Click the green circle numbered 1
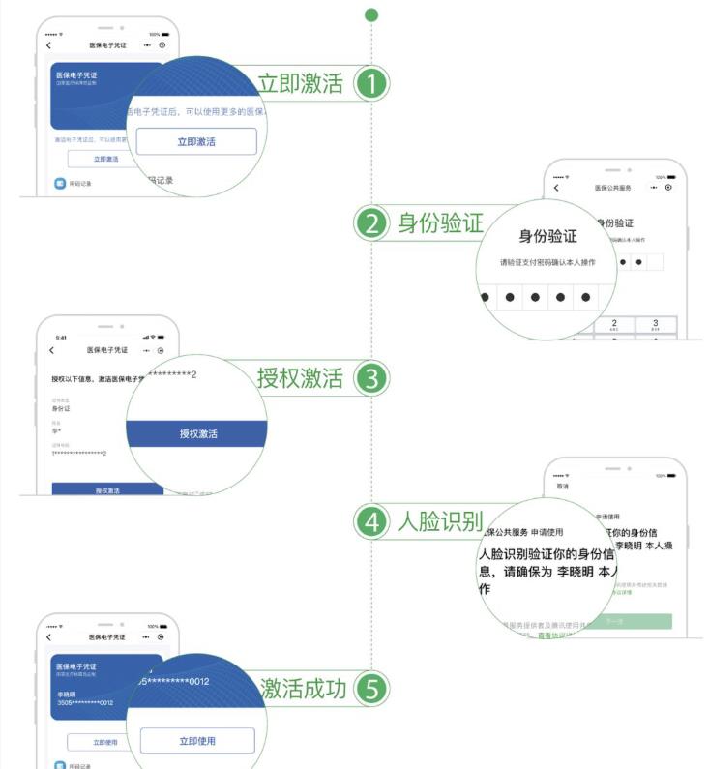coord(371,83)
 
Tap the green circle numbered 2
coord(371,223)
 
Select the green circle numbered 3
coord(371,378)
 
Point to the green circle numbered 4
coord(371,522)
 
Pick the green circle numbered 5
coord(371,689)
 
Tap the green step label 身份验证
coord(439,223)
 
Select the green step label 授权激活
coord(300,378)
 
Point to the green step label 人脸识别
coord(439,522)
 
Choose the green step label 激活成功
coord(303,689)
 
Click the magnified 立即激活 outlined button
coord(196,141)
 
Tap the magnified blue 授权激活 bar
coord(197,434)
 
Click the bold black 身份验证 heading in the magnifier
coord(547,236)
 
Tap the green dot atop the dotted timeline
coord(371,15)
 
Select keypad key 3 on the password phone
coord(655,325)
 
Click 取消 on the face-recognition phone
coord(562,488)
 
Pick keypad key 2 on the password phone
coord(613,325)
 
